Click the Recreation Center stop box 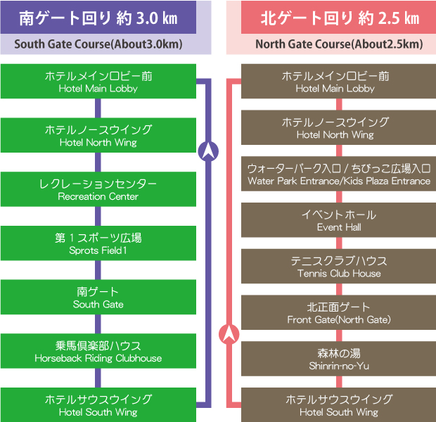pos(98,189)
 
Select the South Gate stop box pos(98,298)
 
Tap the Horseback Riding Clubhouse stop pos(98,352)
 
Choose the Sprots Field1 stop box pos(98,243)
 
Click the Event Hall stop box pos(339,220)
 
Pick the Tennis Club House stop pos(339,267)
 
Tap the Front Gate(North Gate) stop pos(339,313)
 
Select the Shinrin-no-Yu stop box pos(339,359)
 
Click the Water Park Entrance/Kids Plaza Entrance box pos(339,174)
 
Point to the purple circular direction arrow pos(209,151)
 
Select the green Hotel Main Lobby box pos(98,82)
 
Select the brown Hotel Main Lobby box pos(339,82)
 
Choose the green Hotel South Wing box pos(98,405)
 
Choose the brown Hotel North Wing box pos(339,128)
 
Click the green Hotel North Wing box pos(98,135)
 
